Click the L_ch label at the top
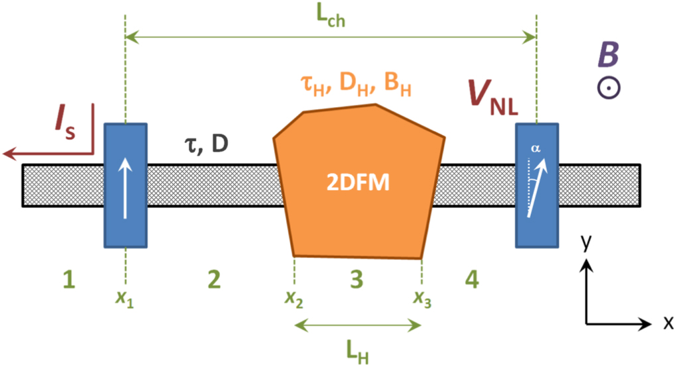click(x=329, y=18)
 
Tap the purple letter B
click(x=606, y=57)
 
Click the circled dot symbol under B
click(x=607, y=89)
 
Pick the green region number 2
click(x=213, y=281)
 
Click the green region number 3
click(x=357, y=281)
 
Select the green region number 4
click(x=471, y=281)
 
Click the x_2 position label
click(x=294, y=299)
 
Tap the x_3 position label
click(x=422, y=299)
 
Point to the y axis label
click(x=585, y=243)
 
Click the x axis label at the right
click(x=667, y=323)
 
